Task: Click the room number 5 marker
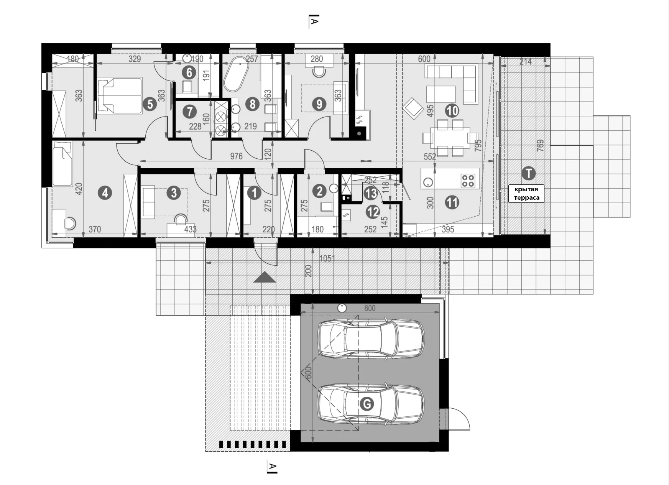pos(150,104)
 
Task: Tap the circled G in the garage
pos(367,404)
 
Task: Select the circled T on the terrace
pos(529,173)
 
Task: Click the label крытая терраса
pos(526,194)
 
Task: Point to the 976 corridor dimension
pos(236,156)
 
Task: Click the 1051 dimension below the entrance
pos(327,259)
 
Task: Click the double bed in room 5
pos(120,95)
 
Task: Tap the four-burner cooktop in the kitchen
pos(468,181)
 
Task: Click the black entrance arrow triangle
pos(265,277)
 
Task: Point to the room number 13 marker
pos(371,194)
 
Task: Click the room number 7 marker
pos(189,112)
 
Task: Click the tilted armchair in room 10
pos(413,109)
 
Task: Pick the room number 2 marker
pos(319,191)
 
